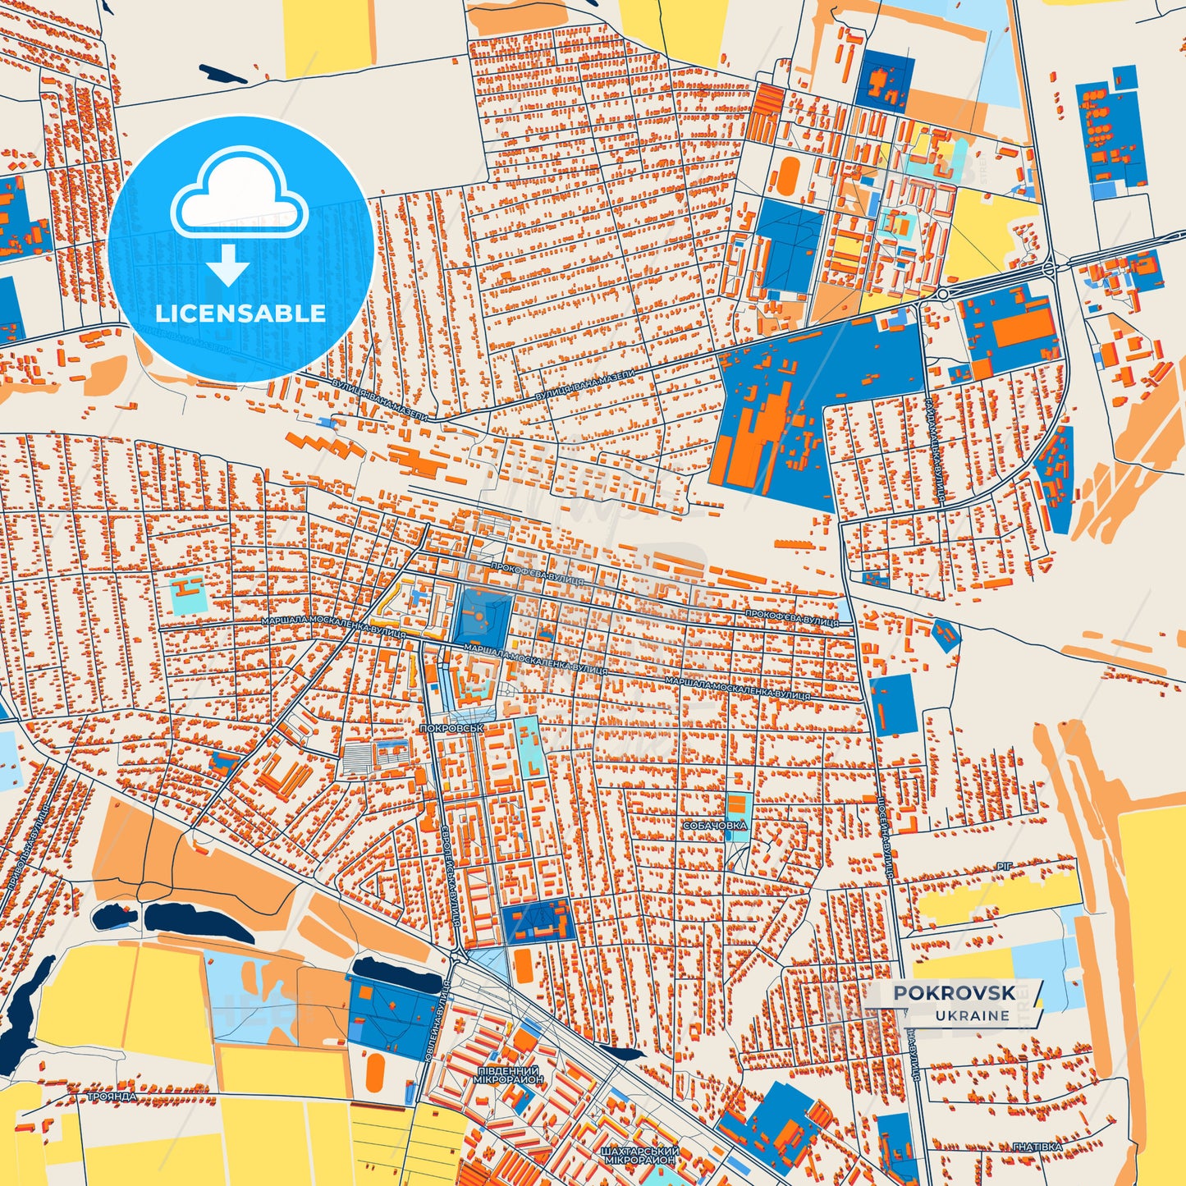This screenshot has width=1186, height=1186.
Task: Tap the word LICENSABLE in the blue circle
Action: pos(240,313)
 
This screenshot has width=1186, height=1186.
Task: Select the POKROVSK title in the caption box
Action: pos(954,993)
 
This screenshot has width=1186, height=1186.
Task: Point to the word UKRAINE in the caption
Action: pos(972,1015)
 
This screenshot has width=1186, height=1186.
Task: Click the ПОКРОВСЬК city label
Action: pos(451,728)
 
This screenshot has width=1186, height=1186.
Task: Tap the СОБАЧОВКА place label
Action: pos(715,825)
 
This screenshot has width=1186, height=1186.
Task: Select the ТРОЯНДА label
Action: pos(112,1097)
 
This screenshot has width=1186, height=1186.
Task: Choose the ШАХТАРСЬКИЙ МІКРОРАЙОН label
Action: pos(639,1155)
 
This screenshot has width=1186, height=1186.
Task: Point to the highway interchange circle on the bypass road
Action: pos(1050,268)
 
